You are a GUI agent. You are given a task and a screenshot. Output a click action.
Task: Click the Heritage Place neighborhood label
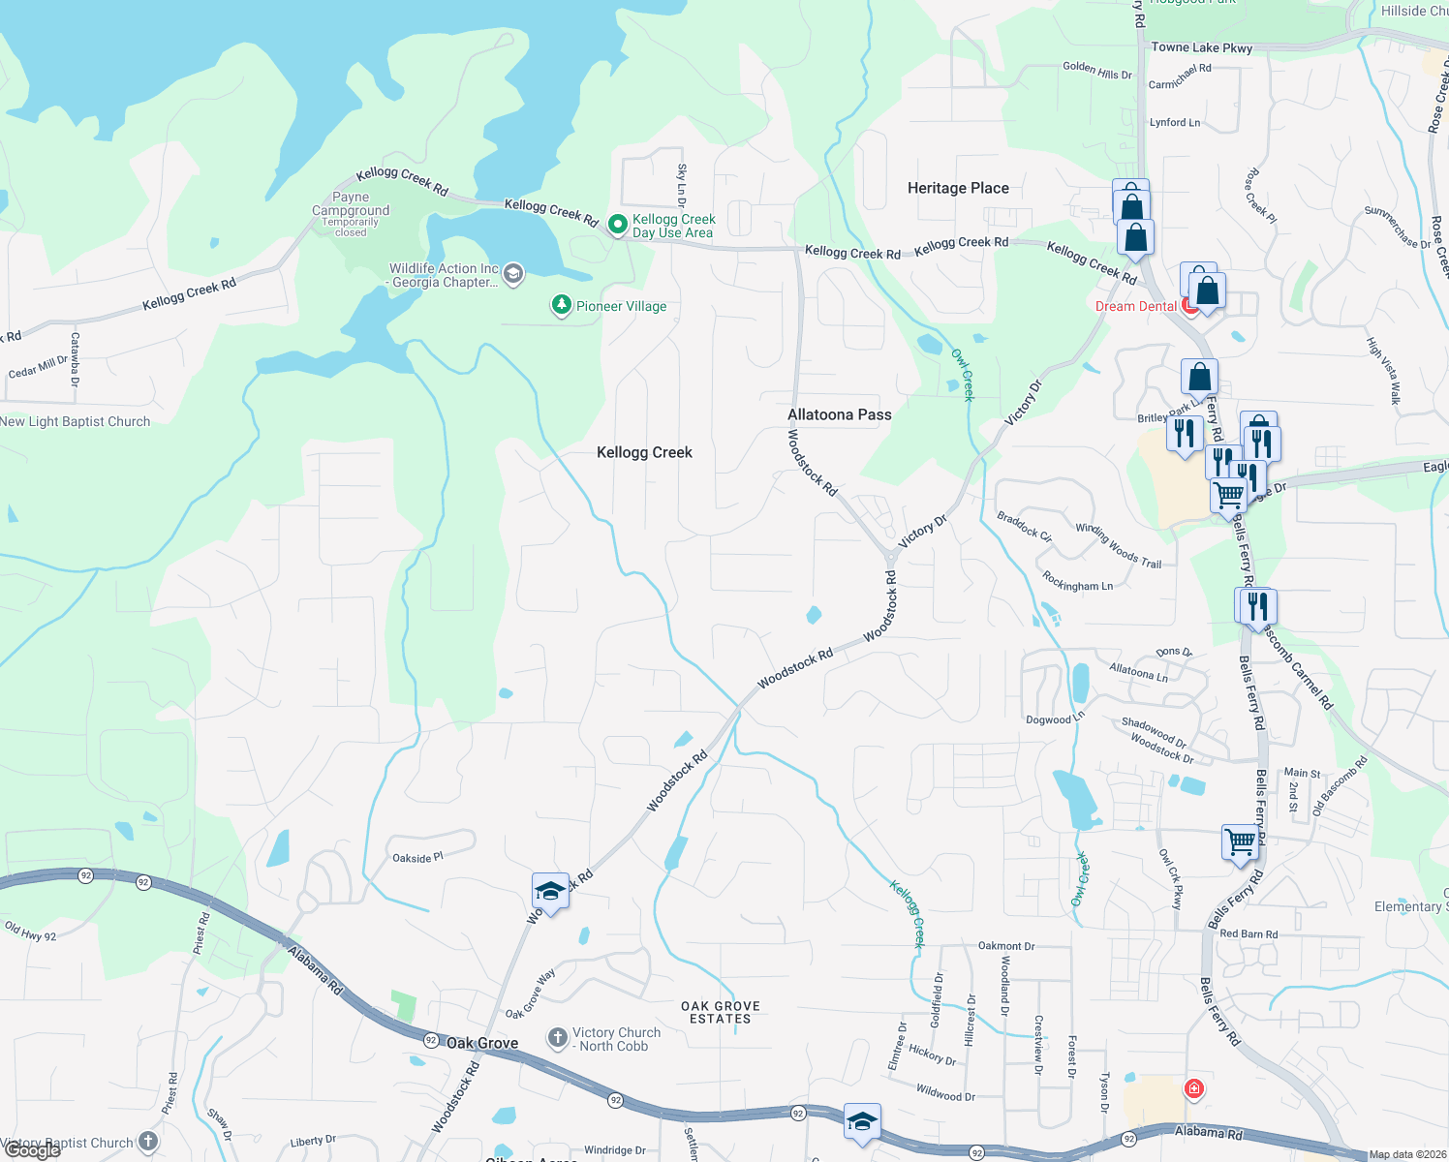pos(958,188)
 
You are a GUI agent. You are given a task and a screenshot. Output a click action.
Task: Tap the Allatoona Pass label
pos(839,414)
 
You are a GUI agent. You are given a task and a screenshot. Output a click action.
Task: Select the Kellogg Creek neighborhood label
pos(644,452)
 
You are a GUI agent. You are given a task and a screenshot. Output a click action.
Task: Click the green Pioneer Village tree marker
pos(561,305)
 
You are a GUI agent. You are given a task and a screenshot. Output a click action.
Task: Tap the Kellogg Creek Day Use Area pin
pos(617,225)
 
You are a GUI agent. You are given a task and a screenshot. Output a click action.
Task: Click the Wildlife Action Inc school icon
pos(513,274)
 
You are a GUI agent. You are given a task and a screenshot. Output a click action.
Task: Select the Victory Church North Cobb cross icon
pos(557,1039)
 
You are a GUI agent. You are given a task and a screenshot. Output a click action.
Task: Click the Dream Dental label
pos(1135,306)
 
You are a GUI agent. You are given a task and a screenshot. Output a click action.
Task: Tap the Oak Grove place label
pos(482,1043)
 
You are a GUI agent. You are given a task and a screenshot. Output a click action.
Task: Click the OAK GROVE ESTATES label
pos(720,1012)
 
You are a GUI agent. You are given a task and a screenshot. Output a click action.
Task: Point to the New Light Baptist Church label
pos(76,421)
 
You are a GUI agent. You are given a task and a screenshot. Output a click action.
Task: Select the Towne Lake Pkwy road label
pos(1201,47)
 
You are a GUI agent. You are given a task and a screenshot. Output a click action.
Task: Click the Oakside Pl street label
pos(417,858)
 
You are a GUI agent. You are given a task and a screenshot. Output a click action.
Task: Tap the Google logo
pos(32,1150)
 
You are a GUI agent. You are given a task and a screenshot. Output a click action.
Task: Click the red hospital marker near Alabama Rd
pos(1194,1088)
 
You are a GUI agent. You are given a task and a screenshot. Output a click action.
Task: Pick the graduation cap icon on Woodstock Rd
pos(549,891)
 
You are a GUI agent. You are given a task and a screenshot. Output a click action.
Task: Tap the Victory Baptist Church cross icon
pos(147,1143)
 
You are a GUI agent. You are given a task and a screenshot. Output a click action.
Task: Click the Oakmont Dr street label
pos(1006,946)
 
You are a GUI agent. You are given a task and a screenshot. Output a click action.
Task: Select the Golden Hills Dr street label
pos(1096,71)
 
